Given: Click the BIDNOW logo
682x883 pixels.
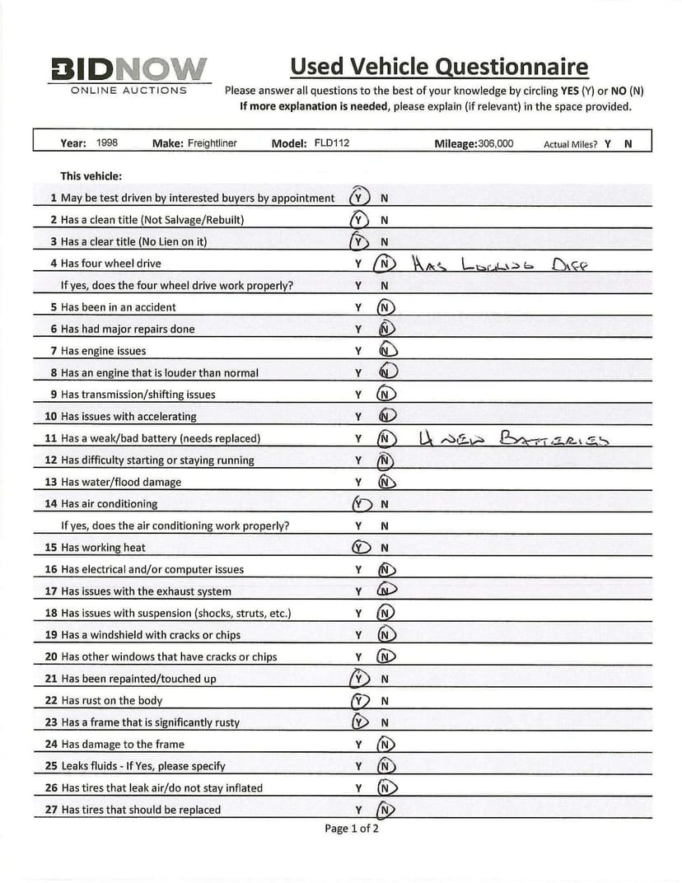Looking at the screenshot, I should (129, 68).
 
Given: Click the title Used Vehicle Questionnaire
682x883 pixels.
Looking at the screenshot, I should (439, 66).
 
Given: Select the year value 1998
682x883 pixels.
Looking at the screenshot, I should (107, 142).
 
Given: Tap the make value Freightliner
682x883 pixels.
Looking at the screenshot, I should (212, 143).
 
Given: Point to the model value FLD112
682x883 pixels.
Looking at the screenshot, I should (332, 143).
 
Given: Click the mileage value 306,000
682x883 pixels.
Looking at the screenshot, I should (495, 143).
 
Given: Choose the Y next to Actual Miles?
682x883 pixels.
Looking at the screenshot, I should (607, 143).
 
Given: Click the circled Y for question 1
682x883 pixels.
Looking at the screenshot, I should (358, 198).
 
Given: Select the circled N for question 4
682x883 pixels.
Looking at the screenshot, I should (385, 264).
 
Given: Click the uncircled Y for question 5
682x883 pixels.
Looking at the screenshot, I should (358, 307).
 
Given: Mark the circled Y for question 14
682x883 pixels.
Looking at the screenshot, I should (358, 504).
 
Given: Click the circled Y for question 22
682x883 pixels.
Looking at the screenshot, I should (358, 701).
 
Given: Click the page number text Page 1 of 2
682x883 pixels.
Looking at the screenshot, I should (352, 828).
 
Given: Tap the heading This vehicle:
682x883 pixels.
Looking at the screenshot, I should (91, 176).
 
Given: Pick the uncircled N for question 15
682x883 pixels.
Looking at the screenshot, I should (385, 548).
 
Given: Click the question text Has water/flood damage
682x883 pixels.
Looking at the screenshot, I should (120, 482).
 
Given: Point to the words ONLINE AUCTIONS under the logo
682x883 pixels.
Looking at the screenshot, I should (128, 90).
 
